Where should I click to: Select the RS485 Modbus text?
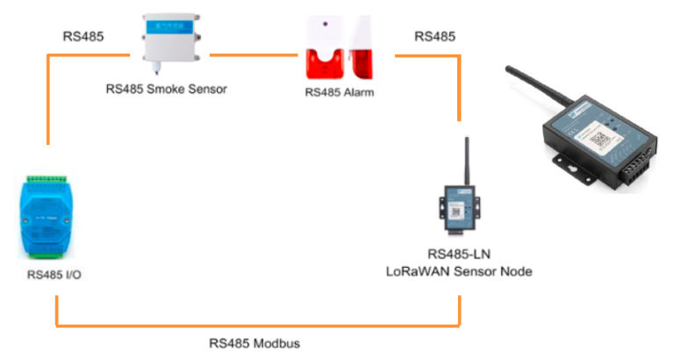point(255,342)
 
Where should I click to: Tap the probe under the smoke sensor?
point(167,70)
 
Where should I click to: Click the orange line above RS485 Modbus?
point(255,326)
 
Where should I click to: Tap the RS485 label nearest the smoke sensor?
point(83,36)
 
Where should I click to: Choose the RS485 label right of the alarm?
point(434,36)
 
